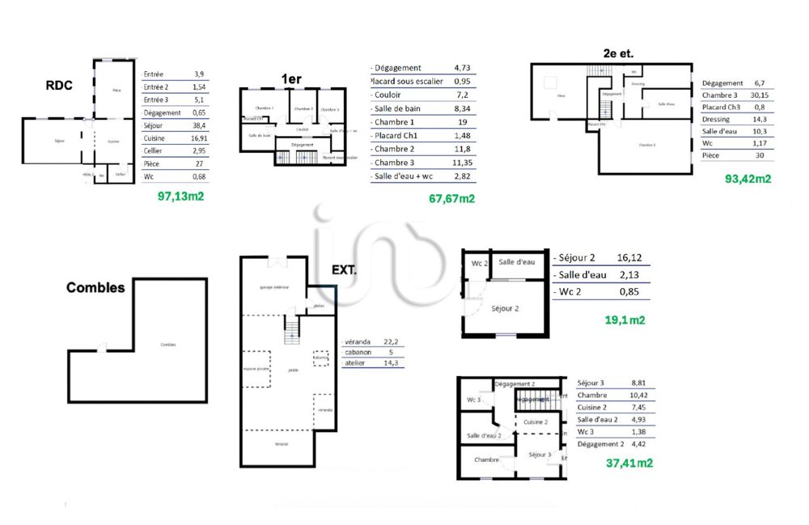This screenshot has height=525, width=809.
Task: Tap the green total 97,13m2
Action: (181, 196)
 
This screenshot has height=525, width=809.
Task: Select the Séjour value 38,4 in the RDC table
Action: (199, 125)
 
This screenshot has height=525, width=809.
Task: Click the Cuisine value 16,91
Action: (199, 138)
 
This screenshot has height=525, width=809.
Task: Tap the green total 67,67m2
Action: (451, 198)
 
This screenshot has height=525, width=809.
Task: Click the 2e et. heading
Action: (618, 53)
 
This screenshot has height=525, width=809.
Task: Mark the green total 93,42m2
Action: (748, 179)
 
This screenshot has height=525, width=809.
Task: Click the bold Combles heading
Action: (95, 287)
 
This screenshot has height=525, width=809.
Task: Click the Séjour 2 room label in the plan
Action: (505, 308)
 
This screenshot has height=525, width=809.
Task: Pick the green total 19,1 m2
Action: (625, 320)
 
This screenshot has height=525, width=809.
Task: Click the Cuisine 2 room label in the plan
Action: (536, 422)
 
